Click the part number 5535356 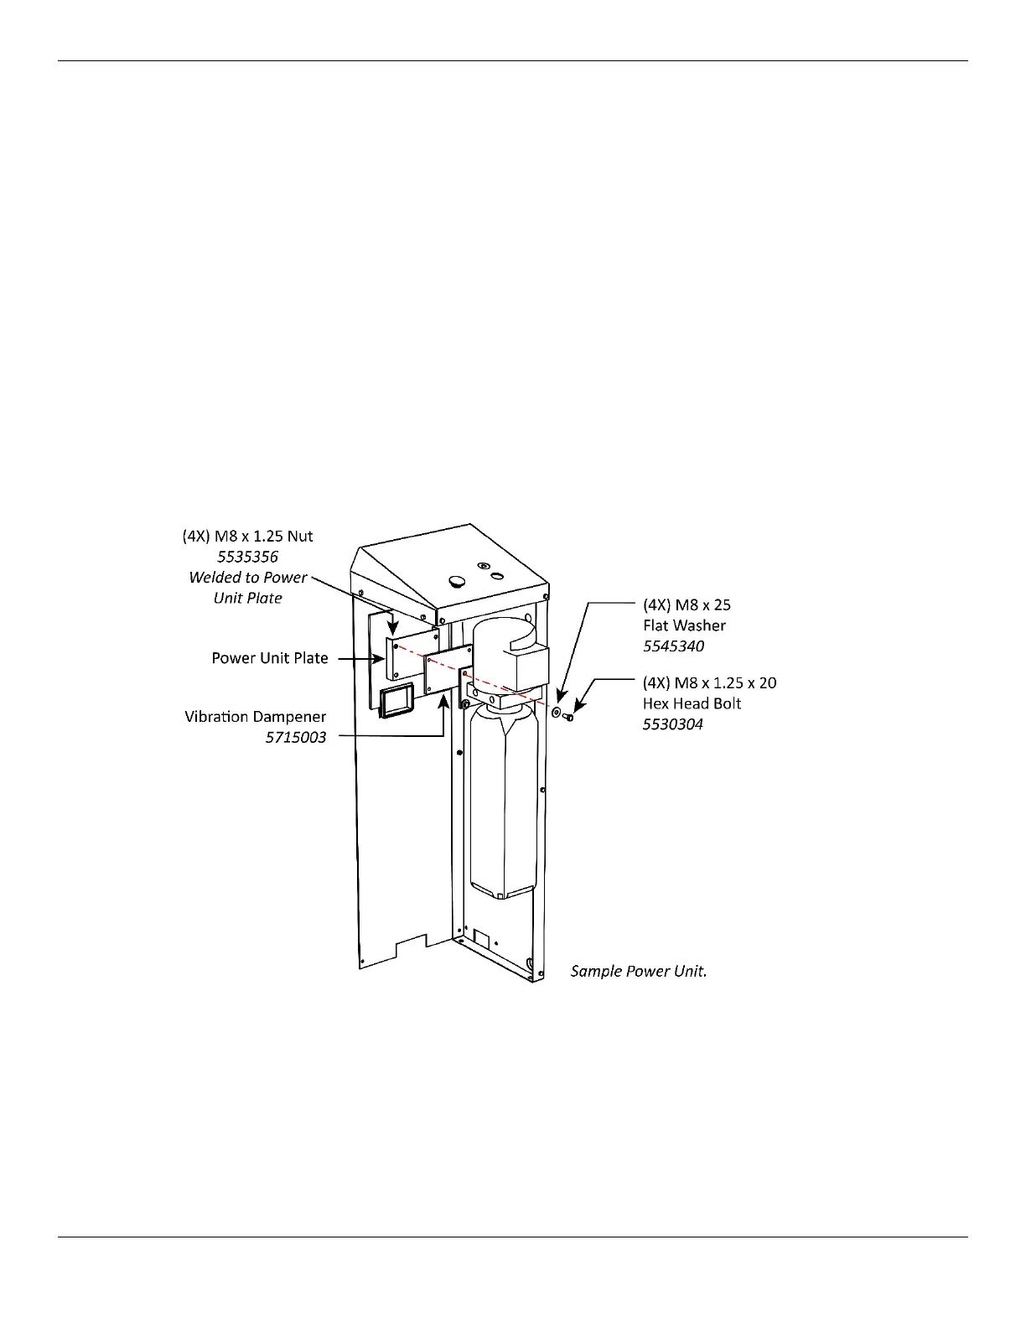point(248,557)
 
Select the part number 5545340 point(673,646)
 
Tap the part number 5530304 point(672,724)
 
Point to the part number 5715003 point(296,738)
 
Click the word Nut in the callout point(299,537)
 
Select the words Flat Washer point(684,625)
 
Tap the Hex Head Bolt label point(692,703)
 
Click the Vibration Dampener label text point(255,717)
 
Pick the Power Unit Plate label point(269,658)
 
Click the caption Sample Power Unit point(639,971)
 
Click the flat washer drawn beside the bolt point(557,712)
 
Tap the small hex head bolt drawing point(569,717)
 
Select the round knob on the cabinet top point(457,580)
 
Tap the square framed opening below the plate point(396,701)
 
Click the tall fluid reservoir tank point(501,805)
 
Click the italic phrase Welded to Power point(248,578)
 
